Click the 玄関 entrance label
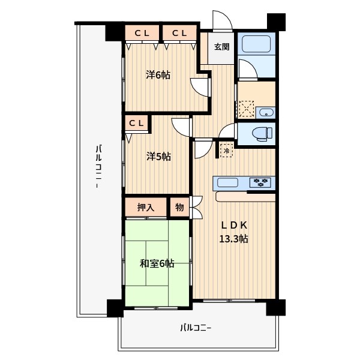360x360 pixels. (221, 47)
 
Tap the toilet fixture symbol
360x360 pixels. (262, 133)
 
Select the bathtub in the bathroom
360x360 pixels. (256, 44)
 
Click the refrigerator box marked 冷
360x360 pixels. (227, 151)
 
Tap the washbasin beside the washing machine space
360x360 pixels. (266, 113)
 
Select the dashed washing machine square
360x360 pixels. (247, 109)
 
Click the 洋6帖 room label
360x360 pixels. (158, 75)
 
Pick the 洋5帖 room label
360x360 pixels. (158, 157)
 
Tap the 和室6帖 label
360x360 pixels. (157, 263)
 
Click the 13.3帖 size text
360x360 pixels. (233, 239)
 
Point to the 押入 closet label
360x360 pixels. (146, 208)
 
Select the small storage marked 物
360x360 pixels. (179, 207)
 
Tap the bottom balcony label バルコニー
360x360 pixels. (196, 328)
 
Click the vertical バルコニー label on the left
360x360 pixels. (99, 166)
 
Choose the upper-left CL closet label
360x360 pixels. (142, 33)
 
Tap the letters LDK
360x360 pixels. (234, 226)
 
